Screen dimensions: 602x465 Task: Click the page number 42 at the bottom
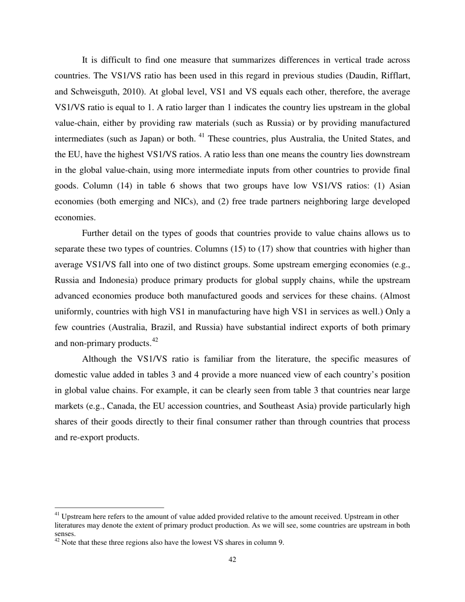tap(232, 559)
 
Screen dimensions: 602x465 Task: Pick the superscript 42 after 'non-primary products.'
tap(155, 341)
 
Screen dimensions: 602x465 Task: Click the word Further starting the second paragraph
tap(96, 233)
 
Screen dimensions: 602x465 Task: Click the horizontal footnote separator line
tap(109, 508)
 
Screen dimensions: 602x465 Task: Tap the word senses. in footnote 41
tap(65, 534)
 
